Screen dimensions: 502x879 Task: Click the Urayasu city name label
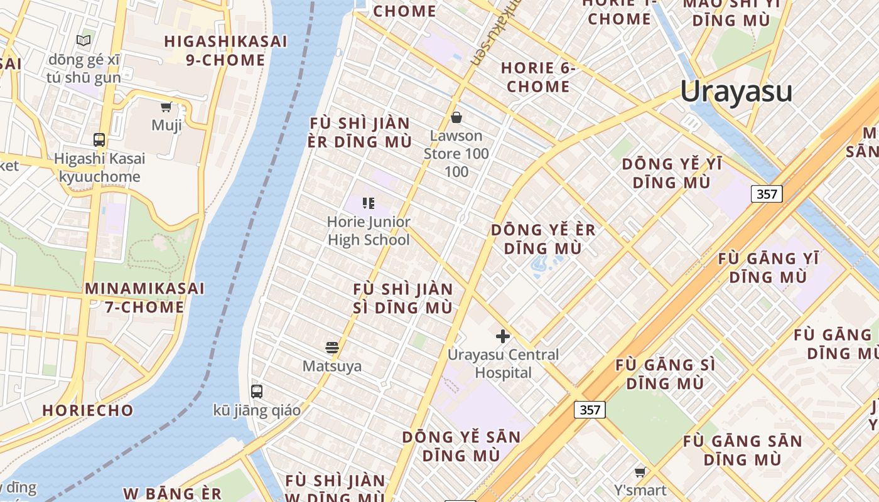click(736, 92)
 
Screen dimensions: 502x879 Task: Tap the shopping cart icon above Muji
click(166, 107)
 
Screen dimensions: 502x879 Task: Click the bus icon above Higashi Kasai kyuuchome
click(99, 139)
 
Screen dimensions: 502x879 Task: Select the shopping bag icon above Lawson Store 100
click(456, 117)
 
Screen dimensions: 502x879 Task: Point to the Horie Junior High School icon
click(369, 203)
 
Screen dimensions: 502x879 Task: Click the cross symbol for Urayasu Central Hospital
click(502, 336)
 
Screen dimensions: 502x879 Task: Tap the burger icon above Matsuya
click(332, 347)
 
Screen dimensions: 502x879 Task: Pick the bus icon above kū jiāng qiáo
click(256, 392)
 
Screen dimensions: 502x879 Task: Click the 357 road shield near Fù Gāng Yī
click(767, 194)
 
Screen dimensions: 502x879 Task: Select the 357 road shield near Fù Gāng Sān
click(590, 410)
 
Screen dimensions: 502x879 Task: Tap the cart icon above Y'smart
click(640, 472)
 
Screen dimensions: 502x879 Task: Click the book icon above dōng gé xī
click(84, 41)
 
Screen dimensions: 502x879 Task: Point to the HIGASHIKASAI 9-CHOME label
click(225, 51)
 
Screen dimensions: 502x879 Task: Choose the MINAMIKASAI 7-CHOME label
click(144, 298)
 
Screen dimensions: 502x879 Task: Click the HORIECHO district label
click(88, 410)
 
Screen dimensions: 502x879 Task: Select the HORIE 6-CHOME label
click(538, 77)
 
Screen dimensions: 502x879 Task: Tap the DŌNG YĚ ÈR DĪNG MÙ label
click(543, 239)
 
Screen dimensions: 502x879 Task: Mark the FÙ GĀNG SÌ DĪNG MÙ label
click(665, 374)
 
